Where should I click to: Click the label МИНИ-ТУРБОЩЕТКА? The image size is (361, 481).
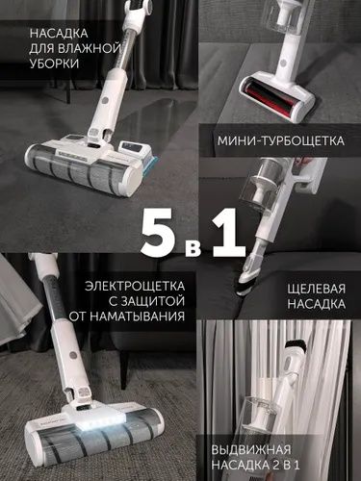coord(279,140)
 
